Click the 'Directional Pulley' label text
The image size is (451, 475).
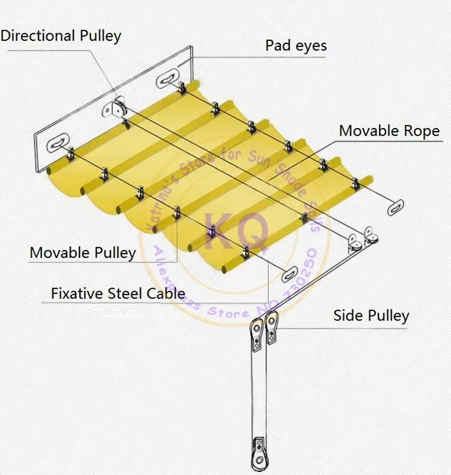pos(61,35)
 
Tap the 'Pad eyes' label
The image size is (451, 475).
pos(296,46)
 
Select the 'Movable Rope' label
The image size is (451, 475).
pos(389,130)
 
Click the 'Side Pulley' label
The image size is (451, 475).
pos(372,316)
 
